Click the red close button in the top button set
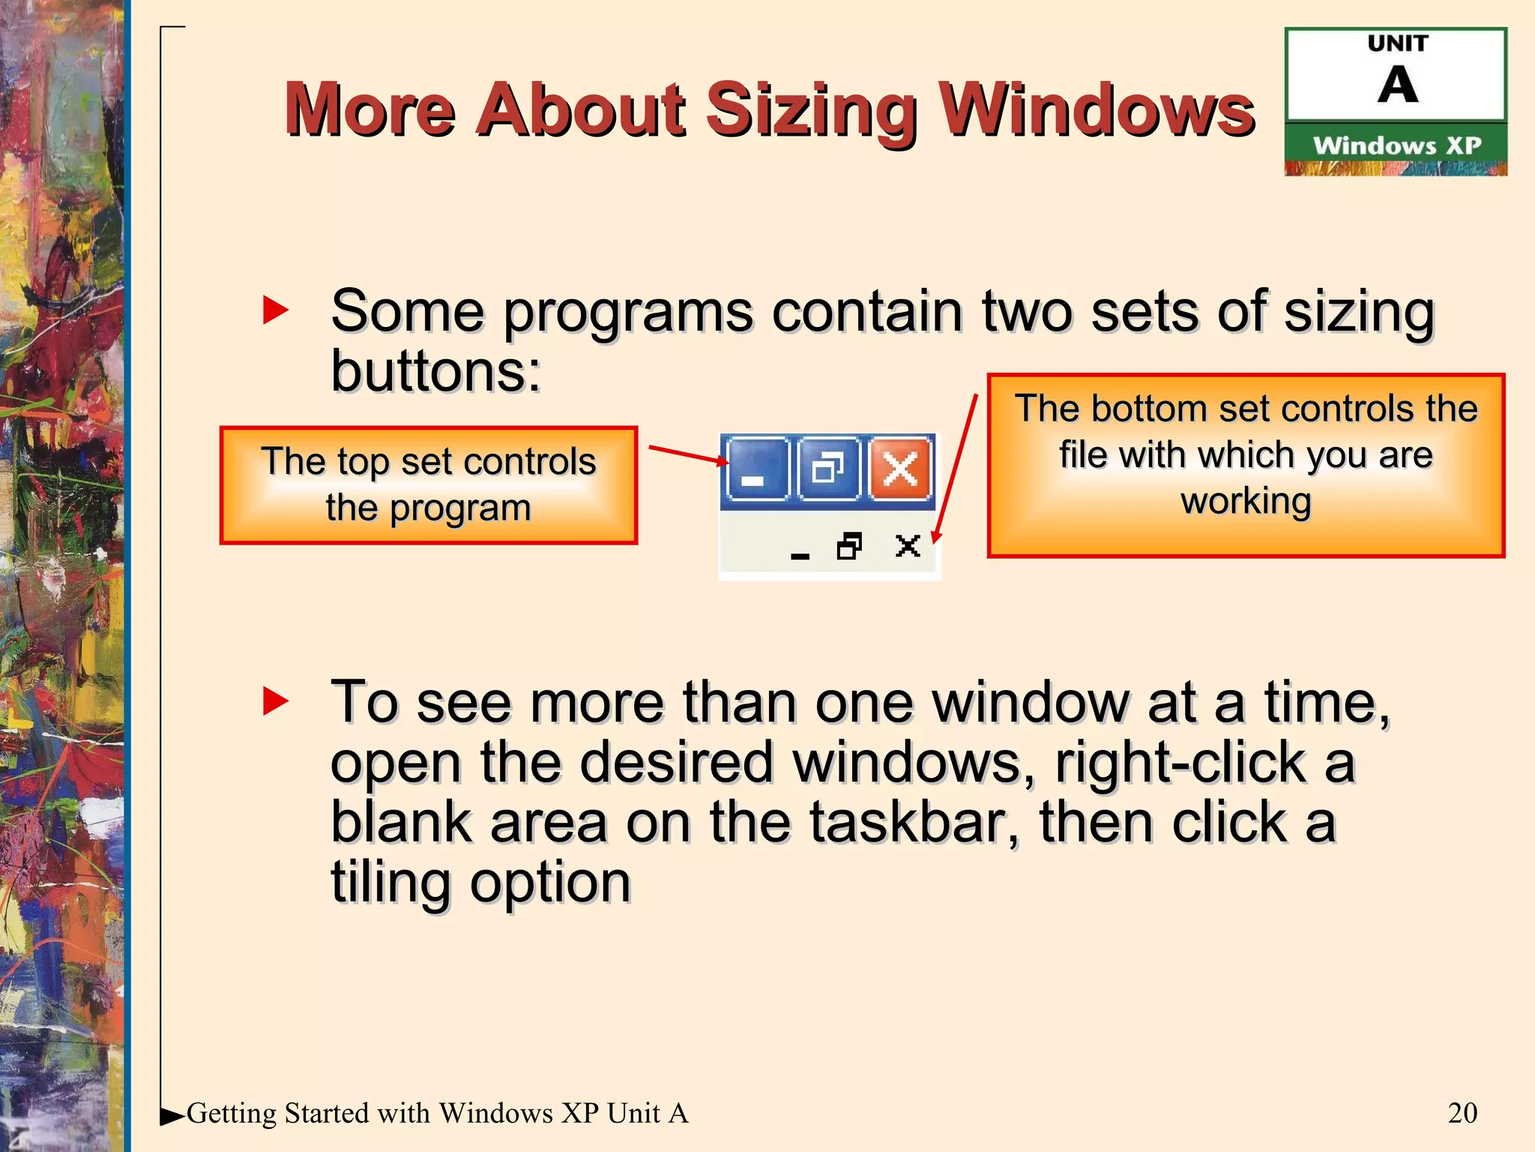click(x=899, y=470)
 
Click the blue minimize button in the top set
click(x=757, y=470)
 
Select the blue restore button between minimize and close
click(x=828, y=470)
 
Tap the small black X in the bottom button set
click(x=908, y=545)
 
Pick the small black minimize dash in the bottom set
click(x=800, y=555)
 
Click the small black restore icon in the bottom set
click(x=849, y=546)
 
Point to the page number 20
click(x=1462, y=1112)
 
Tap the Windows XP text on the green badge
click(x=1397, y=145)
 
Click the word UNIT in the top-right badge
click(x=1398, y=43)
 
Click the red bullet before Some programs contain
click(x=275, y=310)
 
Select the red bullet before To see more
click(x=275, y=701)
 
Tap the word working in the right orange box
click(x=1246, y=501)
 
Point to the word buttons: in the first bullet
click(x=435, y=371)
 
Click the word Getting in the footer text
click(x=232, y=1113)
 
